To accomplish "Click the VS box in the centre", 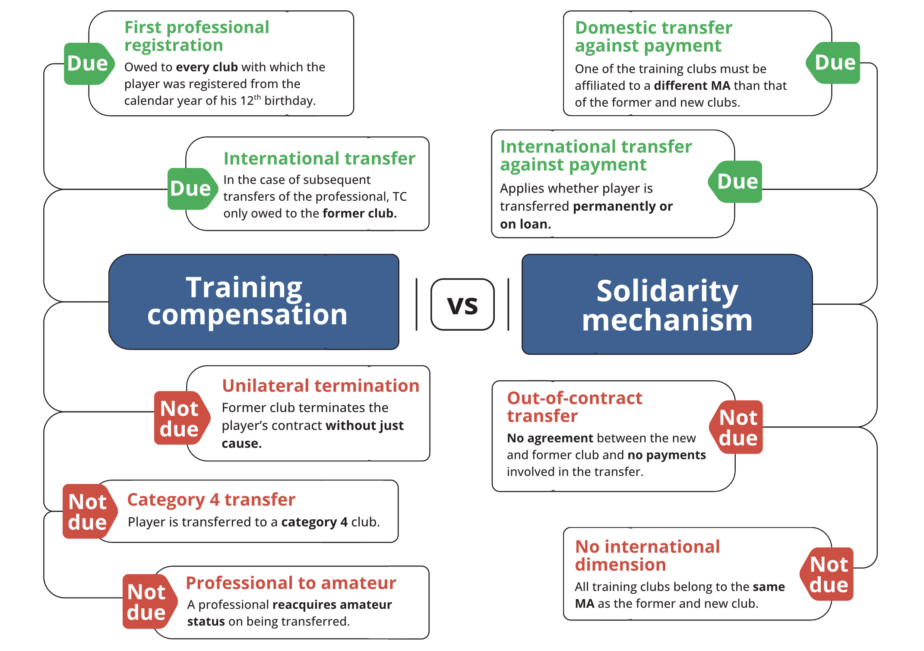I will click(x=462, y=305).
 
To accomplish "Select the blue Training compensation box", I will click(x=254, y=302).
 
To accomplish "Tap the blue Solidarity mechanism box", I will click(x=667, y=304).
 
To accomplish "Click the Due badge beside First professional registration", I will click(x=88, y=63).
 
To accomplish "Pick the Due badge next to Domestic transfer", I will click(x=834, y=63).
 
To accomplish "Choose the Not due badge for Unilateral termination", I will click(x=180, y=418).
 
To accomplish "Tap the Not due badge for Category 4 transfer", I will click(x=89, y=512).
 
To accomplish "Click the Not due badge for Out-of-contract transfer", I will click(x=737, y=427).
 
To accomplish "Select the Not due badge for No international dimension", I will click(x=828, y=574).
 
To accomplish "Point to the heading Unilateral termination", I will click(x=320, y=386).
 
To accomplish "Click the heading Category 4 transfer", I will click(x=211, y=499).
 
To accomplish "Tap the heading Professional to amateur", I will click(x=291, y=583).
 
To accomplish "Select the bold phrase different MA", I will click(x=692, y=85).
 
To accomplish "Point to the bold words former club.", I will click(x=359, y=213).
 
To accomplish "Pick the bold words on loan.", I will click(x=525, y=224).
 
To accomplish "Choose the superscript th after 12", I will click(x=257, y=97).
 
